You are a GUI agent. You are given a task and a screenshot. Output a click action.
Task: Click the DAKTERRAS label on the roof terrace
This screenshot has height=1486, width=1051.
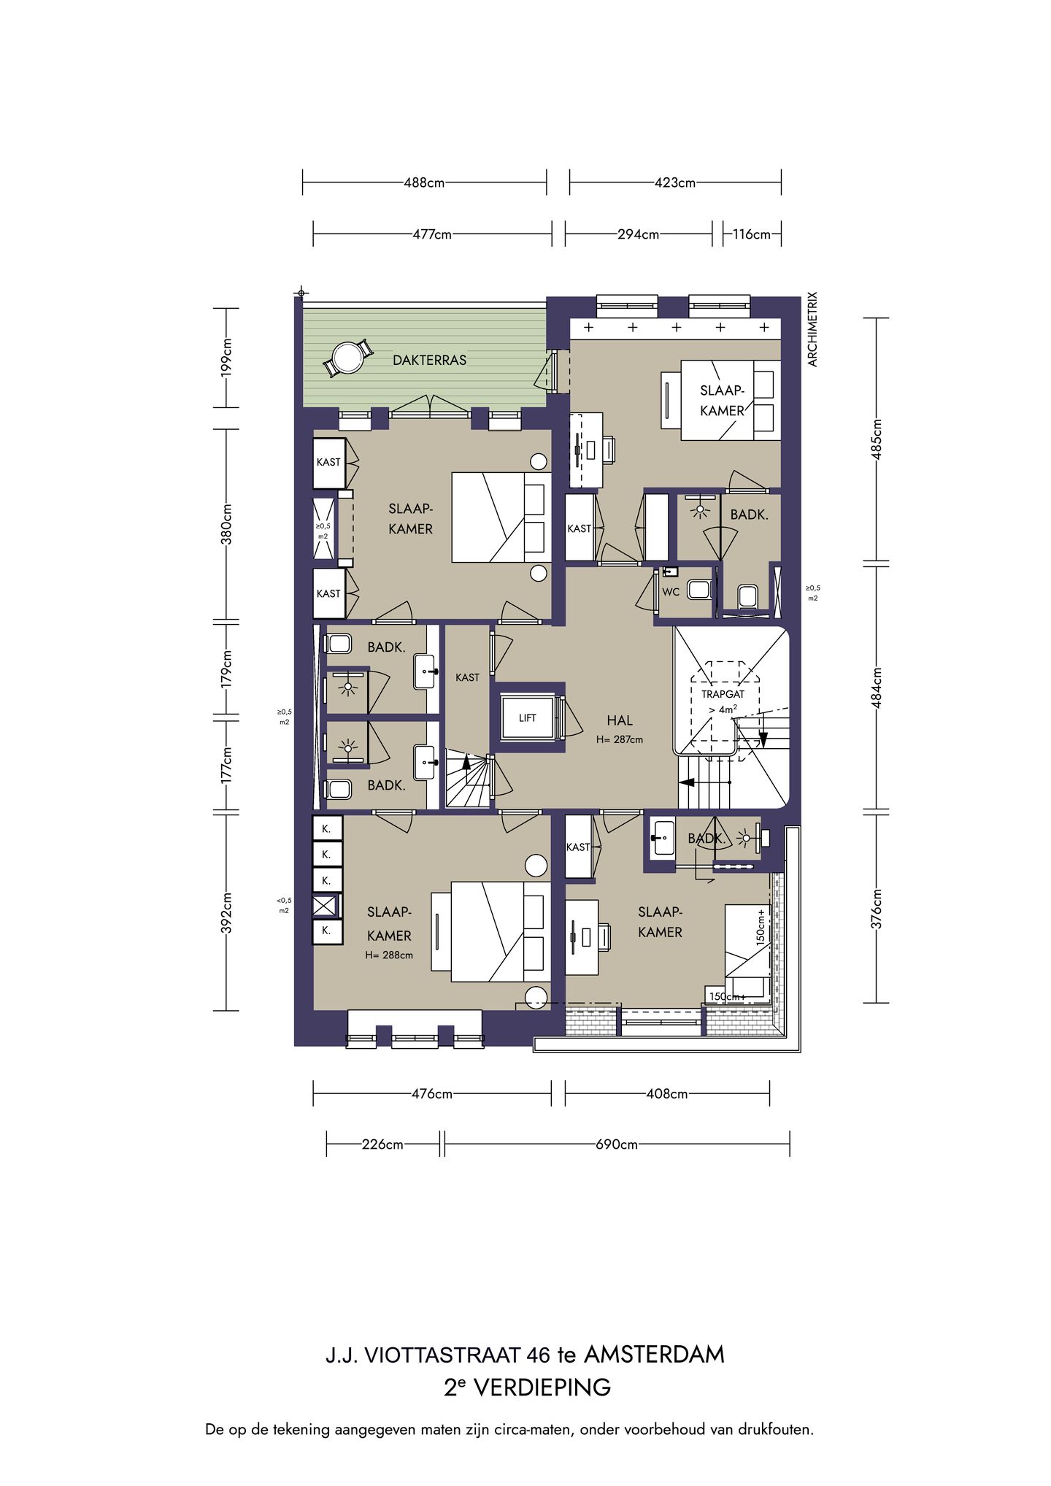(x=429, y=360)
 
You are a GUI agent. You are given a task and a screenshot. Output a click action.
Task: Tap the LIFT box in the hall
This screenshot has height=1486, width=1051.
(x=528, y=718)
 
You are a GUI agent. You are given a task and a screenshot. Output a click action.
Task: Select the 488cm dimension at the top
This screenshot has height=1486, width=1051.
(x=424, y=182)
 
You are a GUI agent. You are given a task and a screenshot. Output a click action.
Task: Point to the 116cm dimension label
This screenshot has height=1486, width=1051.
(x=752, y=234)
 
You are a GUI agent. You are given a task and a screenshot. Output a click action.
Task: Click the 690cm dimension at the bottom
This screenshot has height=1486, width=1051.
(x=617, y=1144)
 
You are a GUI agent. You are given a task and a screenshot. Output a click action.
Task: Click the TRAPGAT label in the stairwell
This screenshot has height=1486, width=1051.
(x=723, y=694)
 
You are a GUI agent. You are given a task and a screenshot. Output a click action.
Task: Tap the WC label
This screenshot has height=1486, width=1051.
(x=671, y=592)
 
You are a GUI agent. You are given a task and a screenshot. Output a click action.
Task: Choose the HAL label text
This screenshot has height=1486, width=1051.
(x=620, y=720)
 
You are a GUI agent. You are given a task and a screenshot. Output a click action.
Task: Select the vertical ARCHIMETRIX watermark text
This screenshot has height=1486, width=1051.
(x=813, y=329)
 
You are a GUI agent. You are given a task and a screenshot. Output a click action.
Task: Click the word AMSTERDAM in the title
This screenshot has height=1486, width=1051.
(x=654, y=1355)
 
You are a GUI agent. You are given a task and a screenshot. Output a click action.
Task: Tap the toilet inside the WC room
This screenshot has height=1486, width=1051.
(x=699, y=588)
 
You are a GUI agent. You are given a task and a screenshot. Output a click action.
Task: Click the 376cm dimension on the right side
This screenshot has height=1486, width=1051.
(x=877, y=909)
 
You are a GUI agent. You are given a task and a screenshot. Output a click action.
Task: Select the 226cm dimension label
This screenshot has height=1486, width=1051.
(x=382, y=1144)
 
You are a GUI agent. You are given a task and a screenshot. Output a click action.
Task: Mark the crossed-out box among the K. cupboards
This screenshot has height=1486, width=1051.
(x=326, y=906)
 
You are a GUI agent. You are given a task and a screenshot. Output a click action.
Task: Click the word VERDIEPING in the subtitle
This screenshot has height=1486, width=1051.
(x=543, y=1387)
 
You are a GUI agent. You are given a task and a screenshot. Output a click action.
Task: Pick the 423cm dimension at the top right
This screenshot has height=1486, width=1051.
(x=675, y=182)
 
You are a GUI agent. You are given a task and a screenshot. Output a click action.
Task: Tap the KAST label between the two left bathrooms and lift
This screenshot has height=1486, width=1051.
(x=467, y=677)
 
